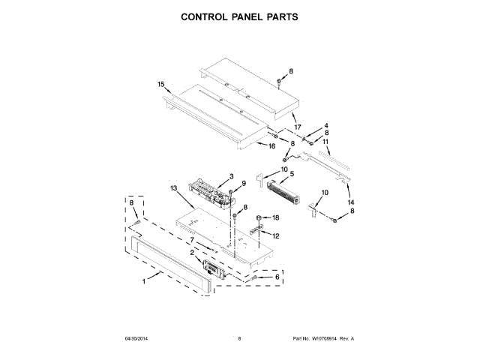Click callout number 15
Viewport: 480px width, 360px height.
[x=160, y=85]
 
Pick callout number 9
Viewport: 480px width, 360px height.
[x=243, y=184]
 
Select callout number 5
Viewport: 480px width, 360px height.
[x=292, y=175]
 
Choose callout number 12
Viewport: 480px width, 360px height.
[x=276, y=235]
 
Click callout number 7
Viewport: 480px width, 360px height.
[x=192, y=240]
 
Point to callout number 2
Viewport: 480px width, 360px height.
[x=192, y=253]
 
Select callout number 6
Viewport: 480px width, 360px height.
[x=277, y=277]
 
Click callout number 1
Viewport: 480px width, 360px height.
[x=144, y=282]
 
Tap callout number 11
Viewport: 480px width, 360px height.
[x=325, y=141]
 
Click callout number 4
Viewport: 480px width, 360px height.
[x=326, y=125]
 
